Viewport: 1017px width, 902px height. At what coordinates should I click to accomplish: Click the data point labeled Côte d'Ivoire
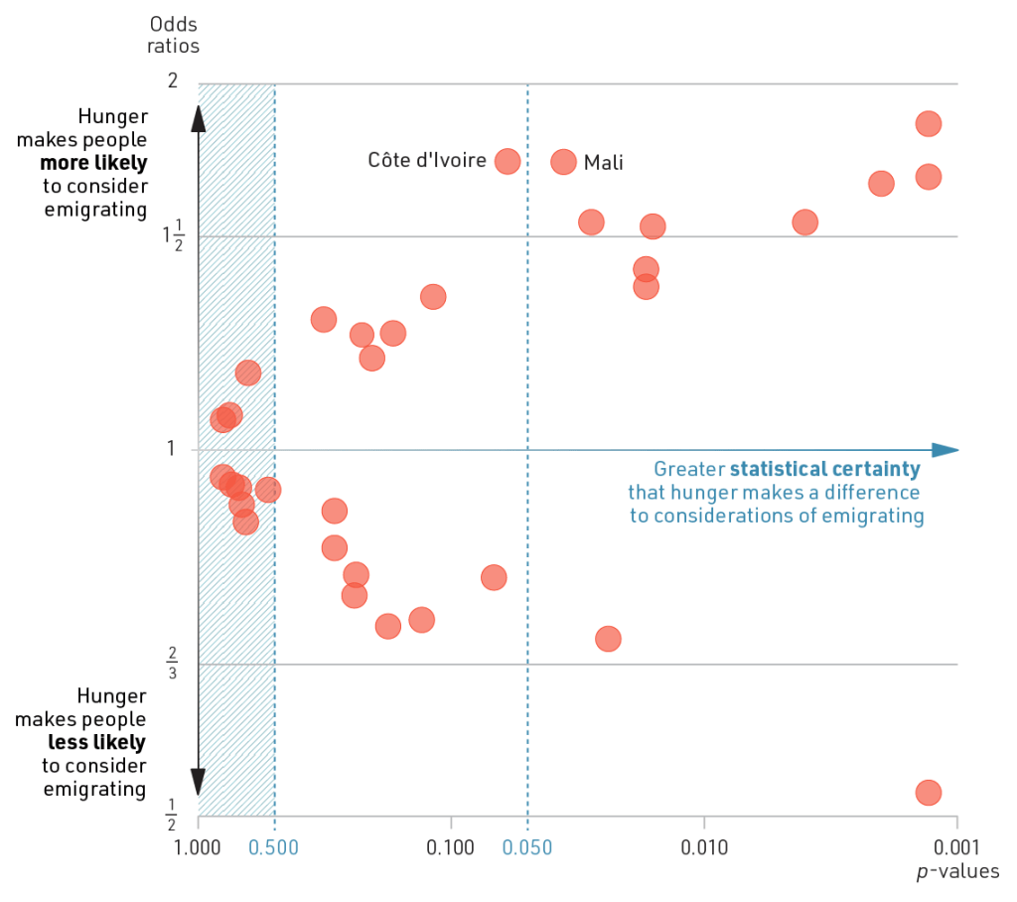click(508, 161)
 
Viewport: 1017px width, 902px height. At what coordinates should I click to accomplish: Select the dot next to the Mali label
click(563, 162)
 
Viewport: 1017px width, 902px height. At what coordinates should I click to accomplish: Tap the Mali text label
click(604, 163)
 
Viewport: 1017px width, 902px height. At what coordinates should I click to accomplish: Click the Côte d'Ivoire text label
click(427, 160)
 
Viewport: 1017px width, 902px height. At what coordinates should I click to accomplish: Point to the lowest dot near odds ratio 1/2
click(928, 792)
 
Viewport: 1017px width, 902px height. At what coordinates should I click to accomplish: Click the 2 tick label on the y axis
click(173, 80)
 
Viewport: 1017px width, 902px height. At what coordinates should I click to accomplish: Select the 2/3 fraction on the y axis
click(172, 663)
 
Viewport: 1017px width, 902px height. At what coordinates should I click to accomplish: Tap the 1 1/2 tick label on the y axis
click(172, 236)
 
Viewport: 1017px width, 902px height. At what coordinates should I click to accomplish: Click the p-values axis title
click(957, 872)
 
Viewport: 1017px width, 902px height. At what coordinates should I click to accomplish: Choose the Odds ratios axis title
click(174, 35)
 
